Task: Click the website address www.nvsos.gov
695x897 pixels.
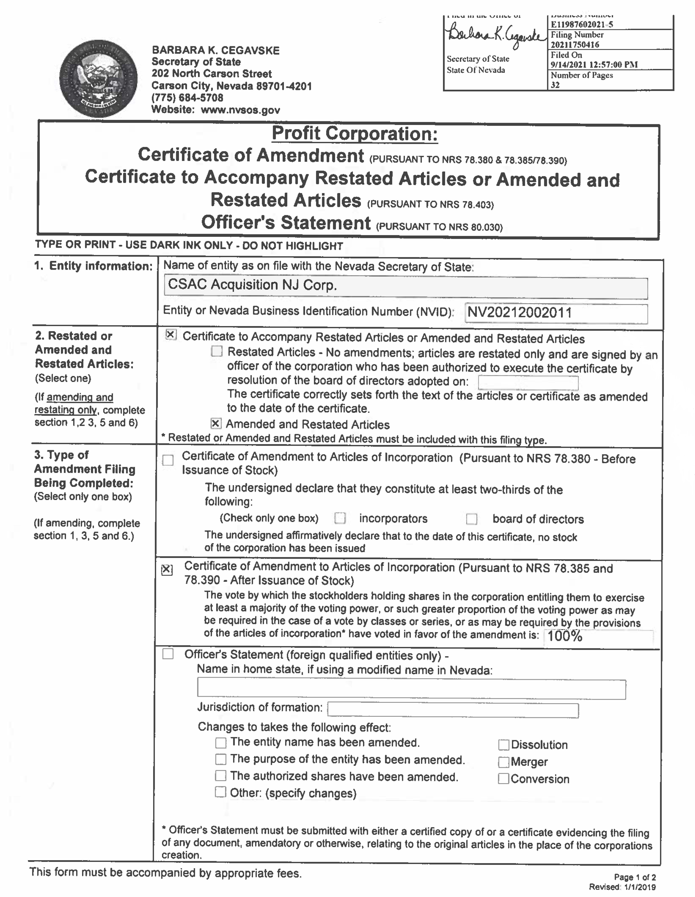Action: point(240,110)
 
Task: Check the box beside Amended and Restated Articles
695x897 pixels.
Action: point(216,423)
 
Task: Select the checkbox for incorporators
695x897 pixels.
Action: point(340,518)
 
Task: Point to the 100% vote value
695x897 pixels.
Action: point(565,636)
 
